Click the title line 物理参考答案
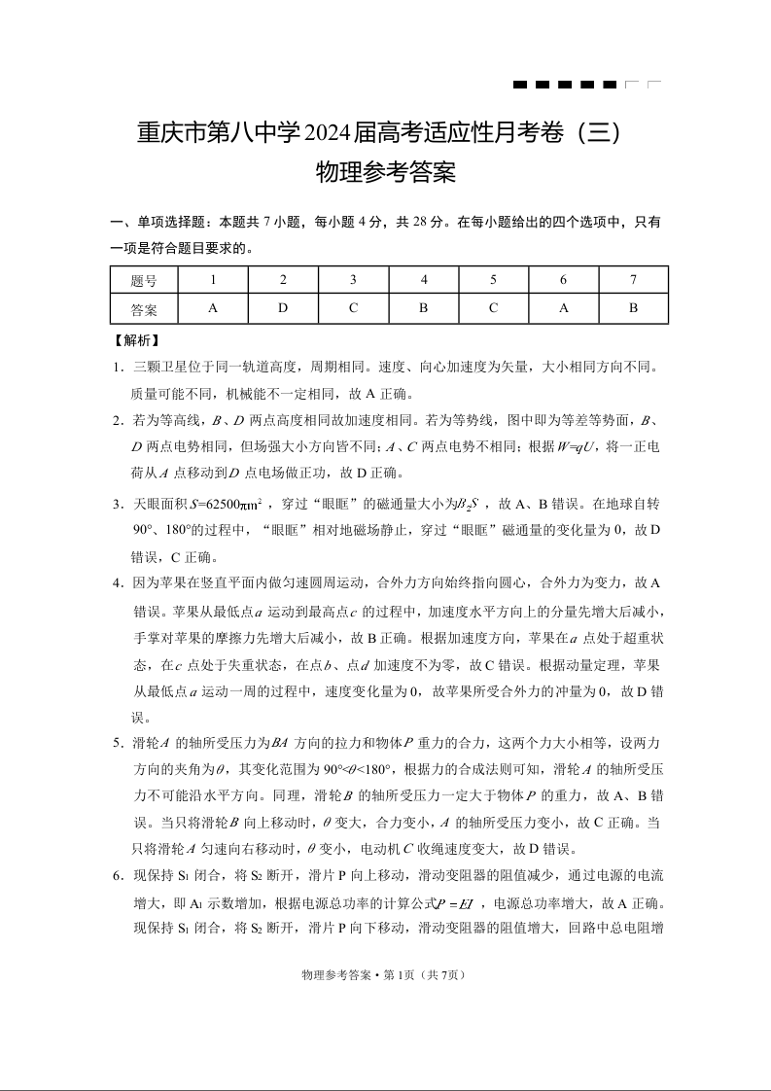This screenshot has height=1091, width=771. tap(386, 174)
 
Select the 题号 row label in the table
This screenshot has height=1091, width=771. tap(143, 280)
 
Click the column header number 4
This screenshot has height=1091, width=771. tap(424, 280)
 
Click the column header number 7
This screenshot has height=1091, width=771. tap(633, 280)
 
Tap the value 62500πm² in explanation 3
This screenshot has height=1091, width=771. tap(232, 505)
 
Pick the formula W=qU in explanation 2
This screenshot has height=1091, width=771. tap(551, 447)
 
